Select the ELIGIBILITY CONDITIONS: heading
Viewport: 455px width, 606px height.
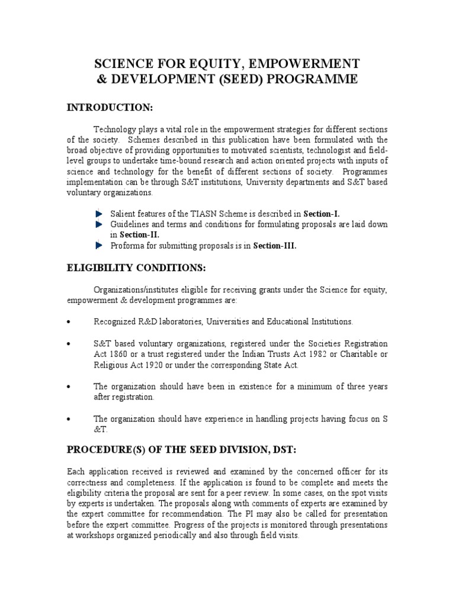coord(136,268)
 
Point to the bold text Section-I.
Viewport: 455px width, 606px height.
coord(322,213)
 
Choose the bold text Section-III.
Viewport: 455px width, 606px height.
coord(274,246)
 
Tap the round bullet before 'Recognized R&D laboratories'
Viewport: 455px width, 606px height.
coord(69,322)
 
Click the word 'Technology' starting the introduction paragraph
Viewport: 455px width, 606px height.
coord(114,129)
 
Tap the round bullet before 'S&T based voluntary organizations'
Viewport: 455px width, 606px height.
coord(69,343)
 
